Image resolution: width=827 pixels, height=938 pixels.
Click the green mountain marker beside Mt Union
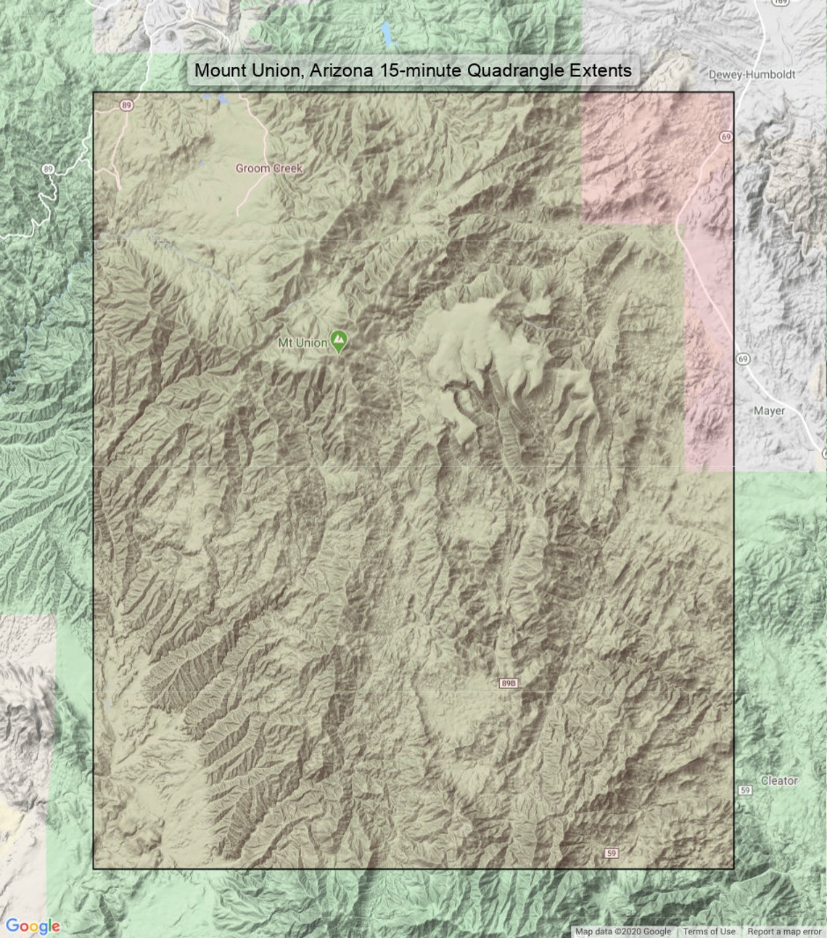[338, 340]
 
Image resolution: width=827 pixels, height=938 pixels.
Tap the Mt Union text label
[303, 343]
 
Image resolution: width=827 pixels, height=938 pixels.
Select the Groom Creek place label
[269, 168]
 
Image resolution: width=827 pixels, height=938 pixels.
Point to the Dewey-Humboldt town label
[752, 74]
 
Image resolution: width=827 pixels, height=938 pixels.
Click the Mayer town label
[769, 411]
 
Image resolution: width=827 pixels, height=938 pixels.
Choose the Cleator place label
[779, 780]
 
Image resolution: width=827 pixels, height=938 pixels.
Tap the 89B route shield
[509, 683]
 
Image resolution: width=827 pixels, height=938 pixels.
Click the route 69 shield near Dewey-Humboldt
[726, 136]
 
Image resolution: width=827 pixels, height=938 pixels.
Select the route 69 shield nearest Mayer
[742, 359]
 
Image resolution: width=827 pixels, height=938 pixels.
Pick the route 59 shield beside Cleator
[745, 790]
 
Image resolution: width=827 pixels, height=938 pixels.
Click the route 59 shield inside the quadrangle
[612, 853]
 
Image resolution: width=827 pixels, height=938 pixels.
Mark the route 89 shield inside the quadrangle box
[127, 105]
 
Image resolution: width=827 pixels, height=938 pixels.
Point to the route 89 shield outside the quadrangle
[48, 169]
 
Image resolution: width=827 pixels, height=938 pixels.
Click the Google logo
[33, 926]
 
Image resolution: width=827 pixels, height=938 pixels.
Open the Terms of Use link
[709, 931]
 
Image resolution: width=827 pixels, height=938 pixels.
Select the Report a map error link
[784, 931]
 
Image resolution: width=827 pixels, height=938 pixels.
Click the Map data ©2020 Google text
[623, 931]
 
